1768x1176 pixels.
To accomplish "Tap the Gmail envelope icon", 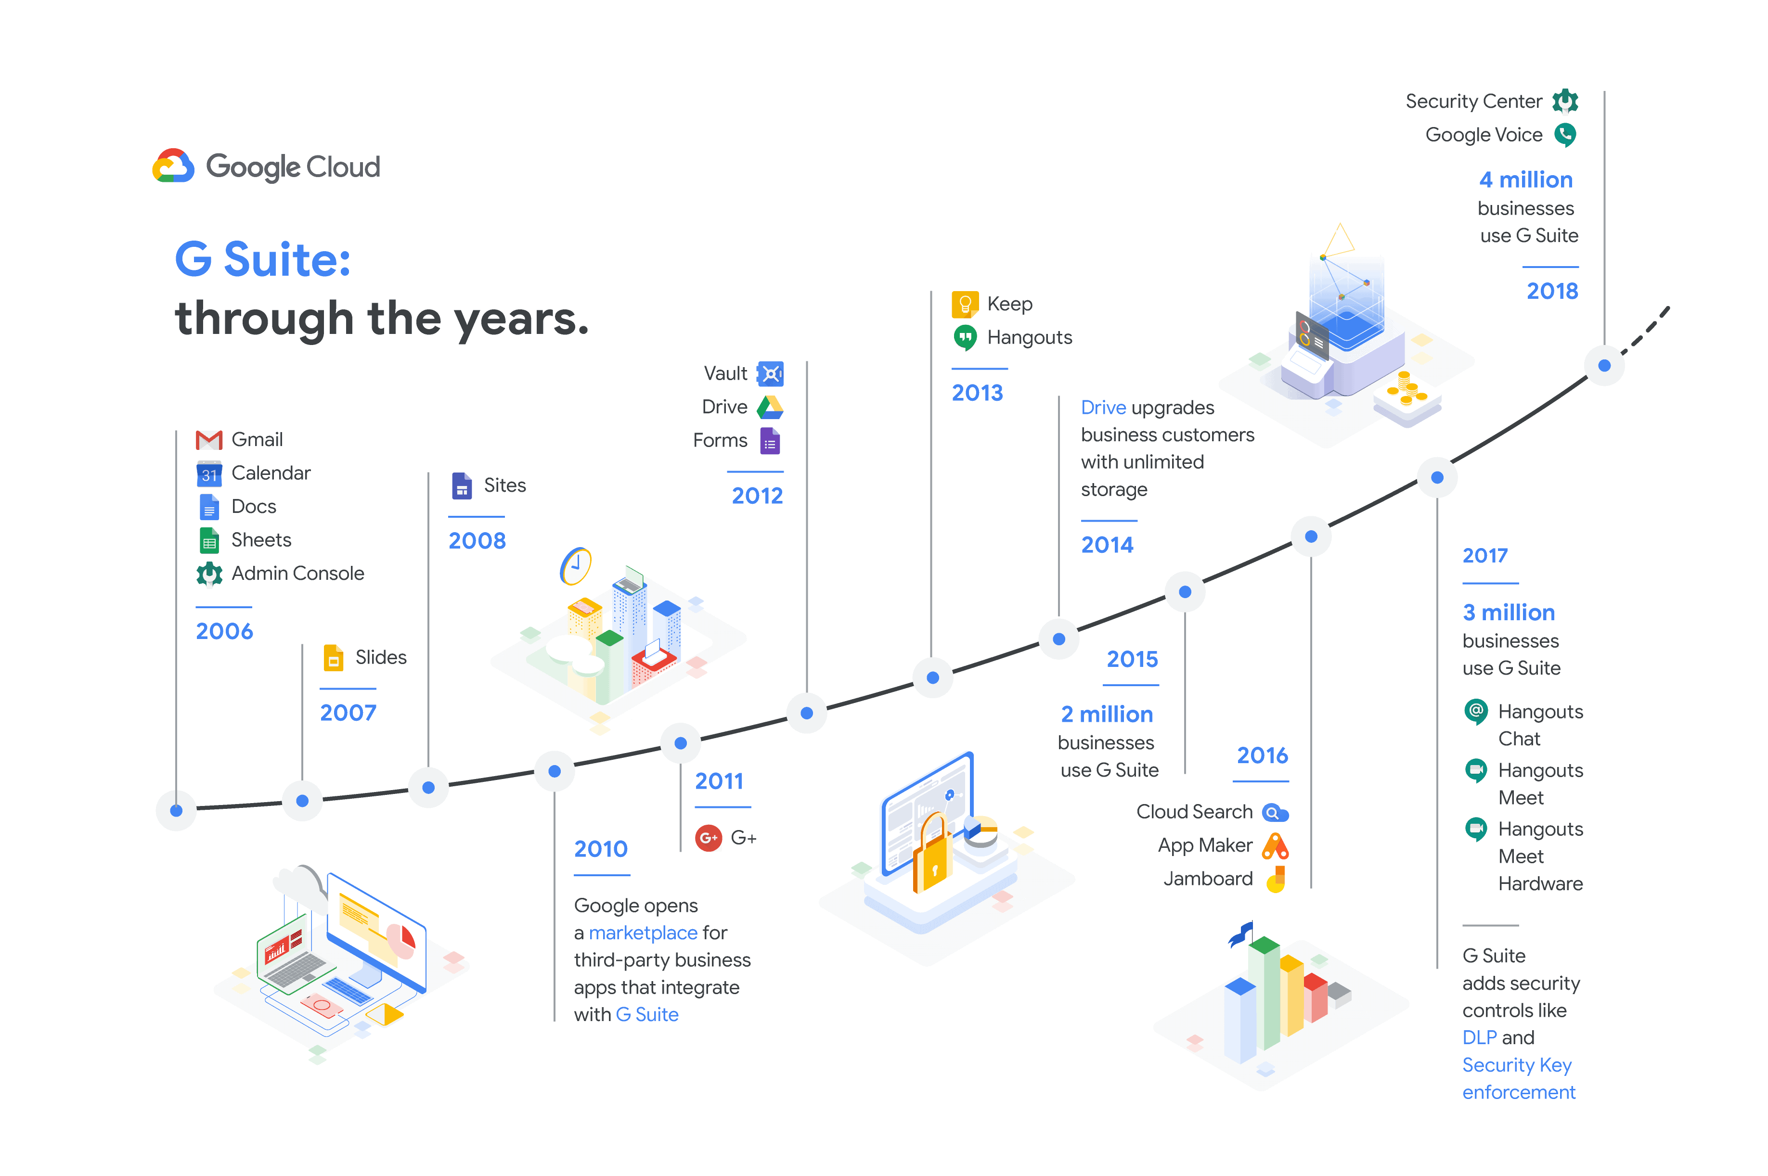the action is (x=208, y=439).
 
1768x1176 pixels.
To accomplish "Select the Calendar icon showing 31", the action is (x=208, y=473).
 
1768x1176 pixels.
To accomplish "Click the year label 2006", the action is (x=224, y=631).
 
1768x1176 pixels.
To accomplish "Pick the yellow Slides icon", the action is (x=333, y=658).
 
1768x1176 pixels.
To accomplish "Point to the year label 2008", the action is (x=477, y=541).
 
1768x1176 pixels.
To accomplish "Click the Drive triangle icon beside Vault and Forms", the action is (x=770, y=407).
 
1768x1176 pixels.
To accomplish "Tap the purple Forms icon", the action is (x=770, y=441).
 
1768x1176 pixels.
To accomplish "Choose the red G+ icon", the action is (x=708, y=838).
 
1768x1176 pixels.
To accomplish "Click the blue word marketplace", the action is (x=643, y=933).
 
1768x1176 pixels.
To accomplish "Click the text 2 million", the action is (x=1107, y=714).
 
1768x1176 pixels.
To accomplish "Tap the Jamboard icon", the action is (x=1276, y=879).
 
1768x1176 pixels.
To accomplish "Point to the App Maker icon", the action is (x=1275, y=846).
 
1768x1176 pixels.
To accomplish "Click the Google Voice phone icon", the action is (x=1565, y=135).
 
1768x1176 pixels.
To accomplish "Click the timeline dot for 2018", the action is (x=1604, y=366).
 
